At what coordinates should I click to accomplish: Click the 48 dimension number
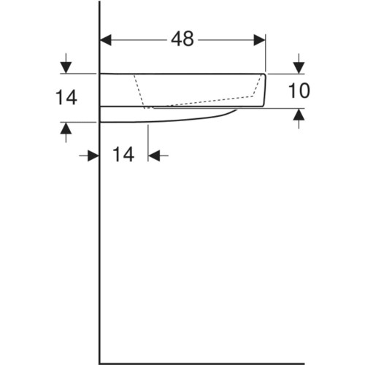(182, 39)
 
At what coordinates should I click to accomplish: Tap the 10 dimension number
(299, 91)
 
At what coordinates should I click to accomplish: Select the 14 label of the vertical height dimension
(66, 97)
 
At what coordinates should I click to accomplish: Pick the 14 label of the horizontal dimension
(123, 154)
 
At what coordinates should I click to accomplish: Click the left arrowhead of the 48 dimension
(106, 40)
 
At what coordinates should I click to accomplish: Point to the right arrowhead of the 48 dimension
(259, 40)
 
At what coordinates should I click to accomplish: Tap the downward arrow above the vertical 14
(66, 64)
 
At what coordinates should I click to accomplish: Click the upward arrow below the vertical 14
(66, 132)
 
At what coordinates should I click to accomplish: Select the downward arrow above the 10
(299, 64)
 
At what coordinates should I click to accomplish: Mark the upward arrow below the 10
(299, 118)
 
